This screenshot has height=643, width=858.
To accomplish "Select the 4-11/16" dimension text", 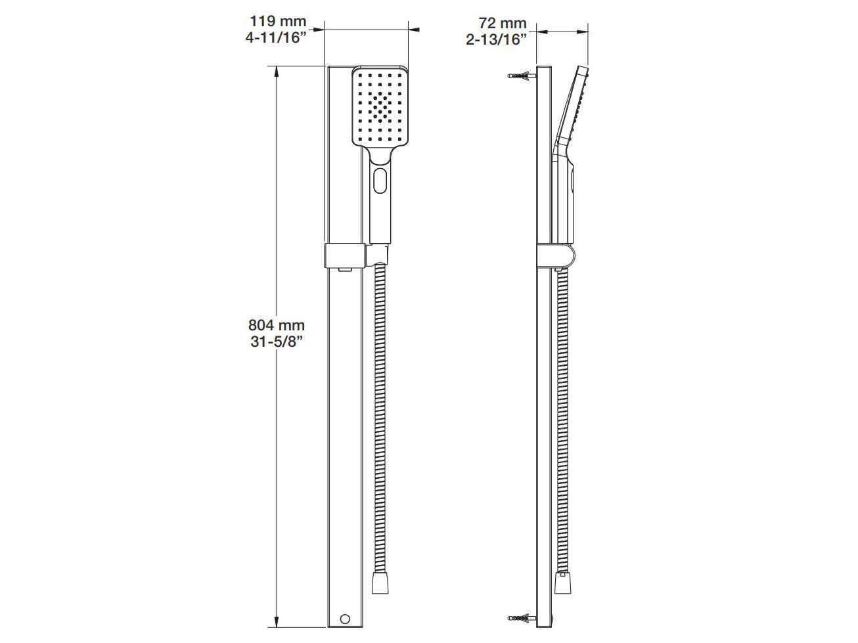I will (276, 39).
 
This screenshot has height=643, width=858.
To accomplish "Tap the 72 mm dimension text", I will (497, 24).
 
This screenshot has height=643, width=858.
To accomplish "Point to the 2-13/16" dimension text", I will (497, 39).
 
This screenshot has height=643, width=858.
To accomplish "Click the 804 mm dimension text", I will (276, 324).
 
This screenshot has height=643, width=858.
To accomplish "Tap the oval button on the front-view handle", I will (380, 181).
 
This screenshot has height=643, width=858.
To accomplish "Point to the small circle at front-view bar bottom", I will (344, 619).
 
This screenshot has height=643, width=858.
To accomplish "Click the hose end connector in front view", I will (379, 583).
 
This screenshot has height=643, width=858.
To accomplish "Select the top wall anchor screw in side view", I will (522, 76).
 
